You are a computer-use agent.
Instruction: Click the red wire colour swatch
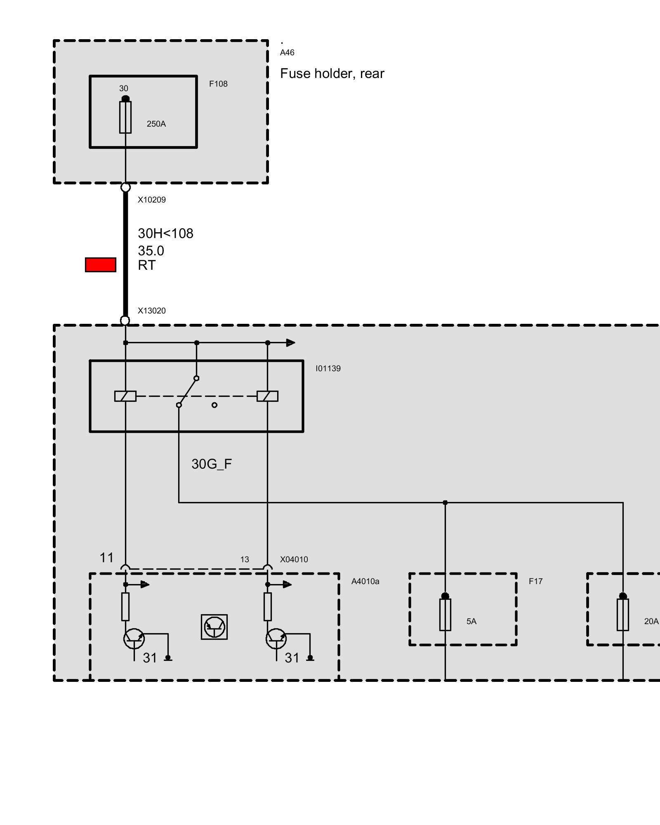pos(100,265)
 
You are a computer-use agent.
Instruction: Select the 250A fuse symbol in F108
pos(125,117)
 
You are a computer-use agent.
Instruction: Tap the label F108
pos(218,84)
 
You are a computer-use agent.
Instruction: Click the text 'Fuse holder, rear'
pos(332,74)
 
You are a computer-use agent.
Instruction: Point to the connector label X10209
pos(152,200)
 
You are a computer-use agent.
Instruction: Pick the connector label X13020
pos(152,311)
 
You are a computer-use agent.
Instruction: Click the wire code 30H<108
pos(165,234)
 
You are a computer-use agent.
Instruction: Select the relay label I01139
pos(328,369)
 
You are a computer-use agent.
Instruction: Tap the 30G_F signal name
pos(212,464)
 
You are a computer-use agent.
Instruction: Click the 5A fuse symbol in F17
pos(445,615)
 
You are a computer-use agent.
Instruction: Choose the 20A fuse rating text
pos(651,622)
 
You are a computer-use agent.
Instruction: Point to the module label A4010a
pos(365,582)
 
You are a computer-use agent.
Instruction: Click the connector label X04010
pos(294,560)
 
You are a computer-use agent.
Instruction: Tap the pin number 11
pos(106,558)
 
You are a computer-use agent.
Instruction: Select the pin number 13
pos(245,560)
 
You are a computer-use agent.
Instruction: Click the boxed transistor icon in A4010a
pos(214,627)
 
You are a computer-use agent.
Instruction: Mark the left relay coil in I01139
pos(125,396)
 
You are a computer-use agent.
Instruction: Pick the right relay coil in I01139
pos(267,396)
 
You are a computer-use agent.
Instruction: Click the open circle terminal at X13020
pos(125,321)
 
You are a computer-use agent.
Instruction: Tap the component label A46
pos(287,53)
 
